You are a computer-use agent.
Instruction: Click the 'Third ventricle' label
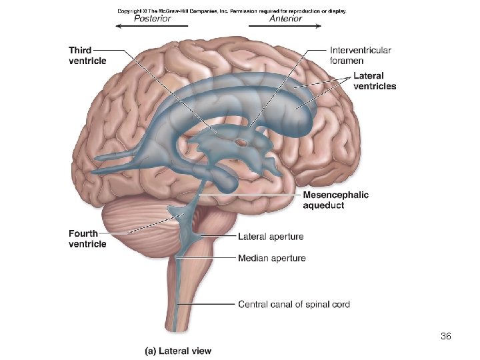87,55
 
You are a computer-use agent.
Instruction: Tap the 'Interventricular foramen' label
360,55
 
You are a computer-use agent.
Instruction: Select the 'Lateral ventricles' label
374,81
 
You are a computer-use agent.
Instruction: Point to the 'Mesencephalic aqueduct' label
335,200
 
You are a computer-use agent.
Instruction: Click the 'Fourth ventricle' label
87,239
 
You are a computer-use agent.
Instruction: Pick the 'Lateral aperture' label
271,237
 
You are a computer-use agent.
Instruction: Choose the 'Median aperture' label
271,258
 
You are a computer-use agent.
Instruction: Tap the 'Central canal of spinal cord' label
293,305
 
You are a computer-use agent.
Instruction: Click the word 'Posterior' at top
152,19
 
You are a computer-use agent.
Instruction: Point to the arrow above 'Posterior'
152,27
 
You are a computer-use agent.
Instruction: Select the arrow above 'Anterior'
285,27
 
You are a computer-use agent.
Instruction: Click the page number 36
446,337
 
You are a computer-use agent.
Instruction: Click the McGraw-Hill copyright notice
232,11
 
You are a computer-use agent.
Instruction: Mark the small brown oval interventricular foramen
241,142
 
